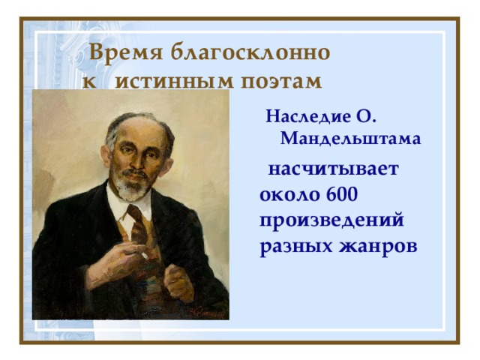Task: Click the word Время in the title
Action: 126,52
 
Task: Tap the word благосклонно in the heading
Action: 250,52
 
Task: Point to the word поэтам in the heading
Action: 282,81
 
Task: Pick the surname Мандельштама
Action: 351,139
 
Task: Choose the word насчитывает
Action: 334,169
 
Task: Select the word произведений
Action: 331,221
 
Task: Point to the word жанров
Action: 378,246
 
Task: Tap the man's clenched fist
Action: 178,282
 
